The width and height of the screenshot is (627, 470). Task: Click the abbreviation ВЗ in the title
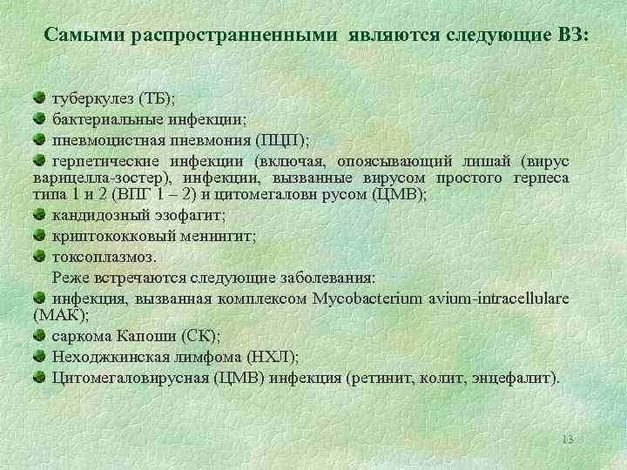pyautogui.click(x=570, y=36)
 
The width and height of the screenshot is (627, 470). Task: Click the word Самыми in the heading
pyautogui.click(x=82, y=36)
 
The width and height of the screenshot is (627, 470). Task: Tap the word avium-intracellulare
pyautogui.click(x=499, y=299)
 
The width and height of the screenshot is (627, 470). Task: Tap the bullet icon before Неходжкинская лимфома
pyautogui.click(x=40, y=356)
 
